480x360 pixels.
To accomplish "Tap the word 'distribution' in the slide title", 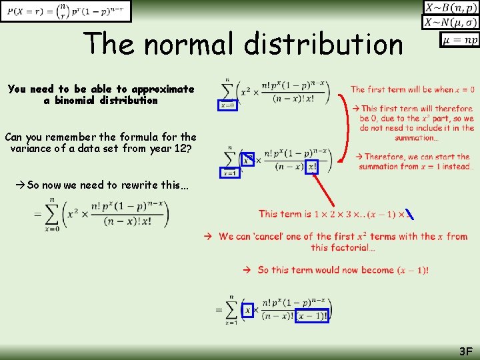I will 324,44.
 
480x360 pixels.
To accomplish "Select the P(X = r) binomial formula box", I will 66,11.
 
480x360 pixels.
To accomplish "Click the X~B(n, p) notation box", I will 451,8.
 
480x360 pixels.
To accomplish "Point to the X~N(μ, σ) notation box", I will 451,23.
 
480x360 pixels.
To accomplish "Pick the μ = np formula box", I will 459,40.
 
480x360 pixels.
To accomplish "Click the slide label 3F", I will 465,351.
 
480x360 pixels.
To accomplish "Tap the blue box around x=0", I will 228,105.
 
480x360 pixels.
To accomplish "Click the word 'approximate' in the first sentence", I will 163,89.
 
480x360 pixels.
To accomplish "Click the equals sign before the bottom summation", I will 218,309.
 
